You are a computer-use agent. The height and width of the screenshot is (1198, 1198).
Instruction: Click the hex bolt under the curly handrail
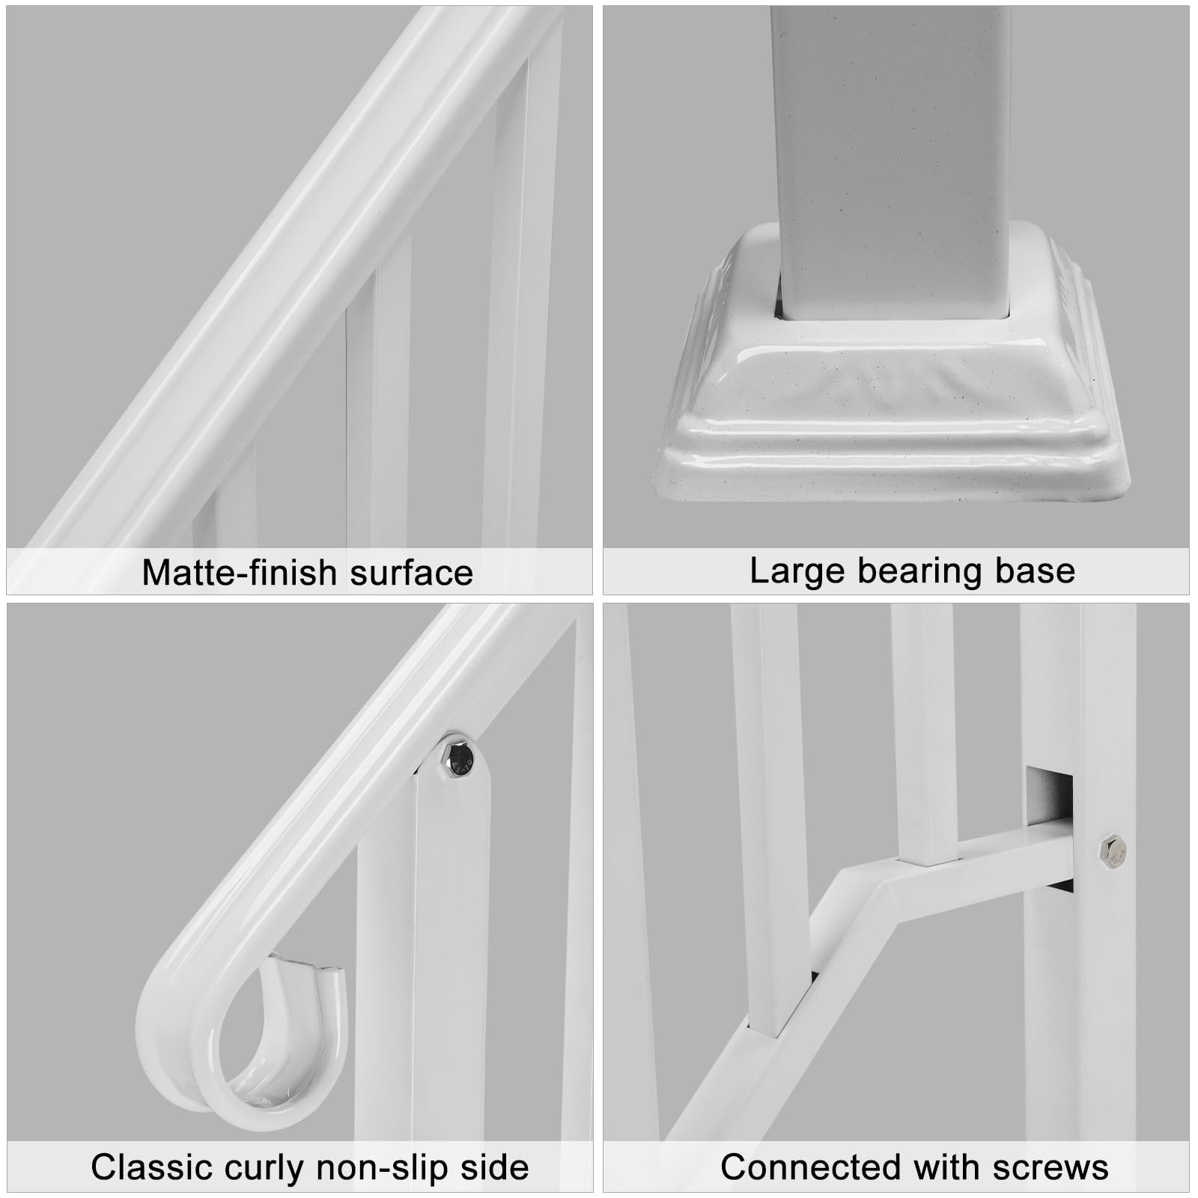(456, 759)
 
